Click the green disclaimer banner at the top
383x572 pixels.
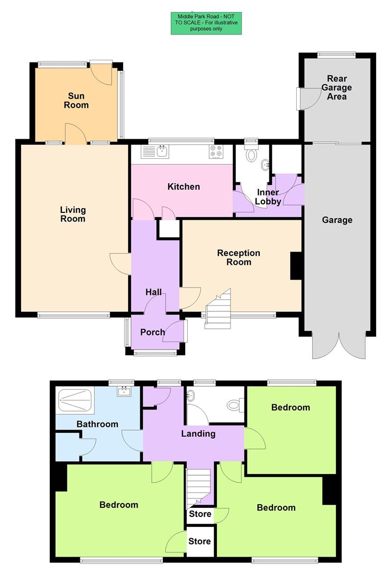(207, 23)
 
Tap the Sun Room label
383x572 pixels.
(76, 101)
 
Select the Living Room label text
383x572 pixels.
(73, 215)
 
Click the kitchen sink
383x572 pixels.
(162, 153)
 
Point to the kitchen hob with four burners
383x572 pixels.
(216, 152)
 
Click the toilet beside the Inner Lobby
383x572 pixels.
(251, 154)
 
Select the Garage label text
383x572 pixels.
(337, 220)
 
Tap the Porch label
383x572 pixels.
(152, 333)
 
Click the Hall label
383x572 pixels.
(153, 292)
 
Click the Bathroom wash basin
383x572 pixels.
(125, 392)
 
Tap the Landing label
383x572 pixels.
(198, 434)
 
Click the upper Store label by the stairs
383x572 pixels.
(200, 514)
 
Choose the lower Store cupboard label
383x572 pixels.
(200, 541)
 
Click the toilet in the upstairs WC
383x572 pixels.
(234, 406)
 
